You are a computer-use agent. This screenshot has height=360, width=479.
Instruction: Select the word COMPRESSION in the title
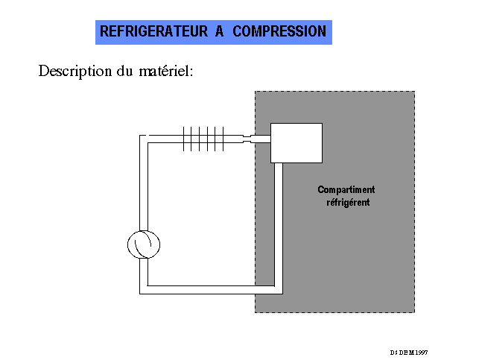pos(279,32)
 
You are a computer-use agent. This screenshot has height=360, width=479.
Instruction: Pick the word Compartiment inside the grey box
pos(346,190)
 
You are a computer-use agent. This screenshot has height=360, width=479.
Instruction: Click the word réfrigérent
pos(348,202)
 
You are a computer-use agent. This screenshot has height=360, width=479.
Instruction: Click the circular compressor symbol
pos(144,244)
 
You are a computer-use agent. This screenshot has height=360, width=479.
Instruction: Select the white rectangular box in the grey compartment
pos(296,142)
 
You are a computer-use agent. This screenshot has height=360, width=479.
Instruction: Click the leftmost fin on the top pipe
pos(184,139)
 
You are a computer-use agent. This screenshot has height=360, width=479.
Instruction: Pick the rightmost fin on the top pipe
pos(223,139)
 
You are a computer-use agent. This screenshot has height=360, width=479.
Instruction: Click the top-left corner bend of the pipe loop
pos(144,139)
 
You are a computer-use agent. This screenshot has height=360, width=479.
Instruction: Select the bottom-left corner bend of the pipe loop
pos(144,288)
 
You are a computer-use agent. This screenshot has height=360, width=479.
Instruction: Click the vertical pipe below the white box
pos(279,224)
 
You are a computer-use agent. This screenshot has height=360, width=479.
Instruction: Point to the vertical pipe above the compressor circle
pos(144,186)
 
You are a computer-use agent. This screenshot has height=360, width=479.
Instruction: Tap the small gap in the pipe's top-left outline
pos(147,135)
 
